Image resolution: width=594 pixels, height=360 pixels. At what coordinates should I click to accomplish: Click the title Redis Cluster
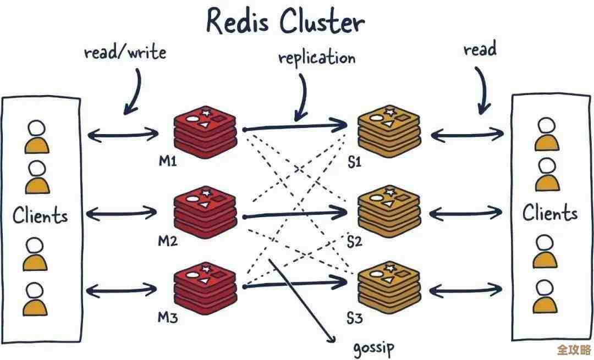285,22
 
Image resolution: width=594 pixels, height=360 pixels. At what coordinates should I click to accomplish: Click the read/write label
125,53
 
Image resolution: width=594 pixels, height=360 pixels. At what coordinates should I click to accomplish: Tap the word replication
316,58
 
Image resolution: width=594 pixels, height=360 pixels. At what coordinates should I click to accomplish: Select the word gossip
373,347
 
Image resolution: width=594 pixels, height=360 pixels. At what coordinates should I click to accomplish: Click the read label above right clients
480,50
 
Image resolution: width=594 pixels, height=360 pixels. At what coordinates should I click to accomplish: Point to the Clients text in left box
40,215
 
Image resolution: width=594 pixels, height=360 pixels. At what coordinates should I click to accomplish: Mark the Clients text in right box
550,213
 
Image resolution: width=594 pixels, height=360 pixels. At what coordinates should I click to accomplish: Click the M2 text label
167,240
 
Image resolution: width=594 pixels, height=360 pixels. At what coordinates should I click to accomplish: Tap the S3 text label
355,318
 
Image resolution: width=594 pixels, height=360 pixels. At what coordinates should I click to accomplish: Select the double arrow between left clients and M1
123,133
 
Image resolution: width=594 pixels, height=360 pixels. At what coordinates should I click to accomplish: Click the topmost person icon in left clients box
37,137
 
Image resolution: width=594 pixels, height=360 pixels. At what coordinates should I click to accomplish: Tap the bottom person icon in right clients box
544,296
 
